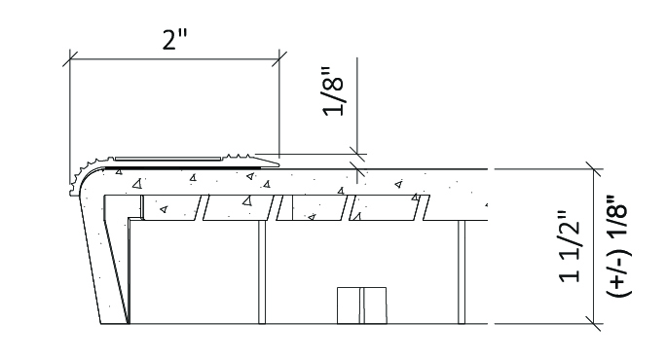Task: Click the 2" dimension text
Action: [x=174, y=40]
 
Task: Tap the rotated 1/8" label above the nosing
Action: [x=333, y=90]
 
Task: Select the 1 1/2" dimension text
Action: [x=570, y=246]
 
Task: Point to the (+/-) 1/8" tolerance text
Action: [x=618, y=246]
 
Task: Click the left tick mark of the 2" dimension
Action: [x=70, y=59]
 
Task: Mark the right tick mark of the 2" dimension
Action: [x=279, y=59]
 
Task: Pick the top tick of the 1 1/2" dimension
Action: [x=593, y=169]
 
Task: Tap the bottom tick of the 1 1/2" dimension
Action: [x=593, y=324]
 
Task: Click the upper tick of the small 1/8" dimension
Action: [x=357, y=154]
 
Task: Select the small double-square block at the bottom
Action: [x=362, y=306]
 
